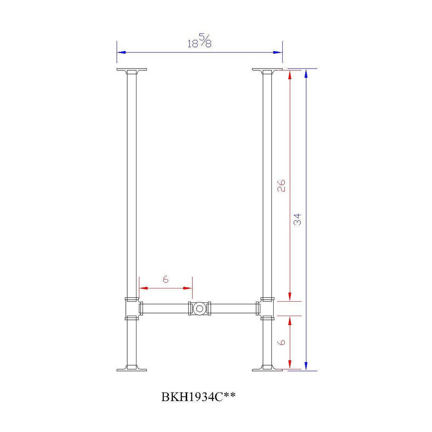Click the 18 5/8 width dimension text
coord(200,41)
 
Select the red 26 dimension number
coord(281,185)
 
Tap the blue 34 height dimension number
coord(297,219)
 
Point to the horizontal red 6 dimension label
coord(166,280)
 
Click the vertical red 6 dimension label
coord(281,342)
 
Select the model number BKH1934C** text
coord(199,397)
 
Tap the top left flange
coord(131,71)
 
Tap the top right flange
coord(267,71)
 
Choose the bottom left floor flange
coord(131,368)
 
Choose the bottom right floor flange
coord(267,368)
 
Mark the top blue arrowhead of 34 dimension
coord(306,74)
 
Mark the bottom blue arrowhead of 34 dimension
coord(306,366)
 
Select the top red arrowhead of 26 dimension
coord(290,75)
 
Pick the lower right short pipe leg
coord(267,343)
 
